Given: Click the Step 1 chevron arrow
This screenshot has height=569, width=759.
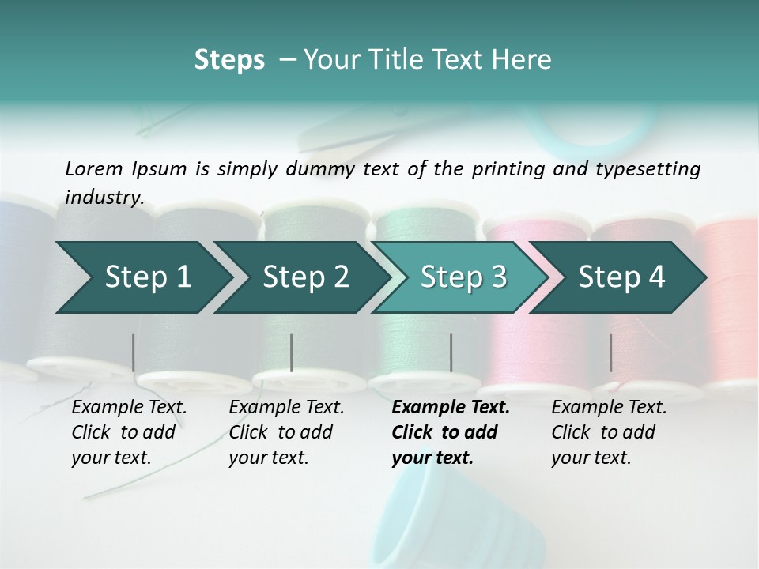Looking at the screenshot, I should (142, 277).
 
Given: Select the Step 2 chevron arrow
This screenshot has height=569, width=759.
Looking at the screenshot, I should (300, 277).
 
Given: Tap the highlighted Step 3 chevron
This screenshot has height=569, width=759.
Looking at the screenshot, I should (459, 277).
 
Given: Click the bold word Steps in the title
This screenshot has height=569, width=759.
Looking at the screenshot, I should (229, 60).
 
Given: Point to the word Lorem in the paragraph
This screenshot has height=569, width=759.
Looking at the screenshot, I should (94, 168).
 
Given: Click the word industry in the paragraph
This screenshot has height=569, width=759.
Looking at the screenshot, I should (104, 198).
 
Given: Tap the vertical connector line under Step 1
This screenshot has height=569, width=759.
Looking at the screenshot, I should (133, 352).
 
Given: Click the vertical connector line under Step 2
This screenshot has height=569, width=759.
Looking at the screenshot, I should (292, 352).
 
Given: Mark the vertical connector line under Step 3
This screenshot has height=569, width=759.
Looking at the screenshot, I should (451, 352).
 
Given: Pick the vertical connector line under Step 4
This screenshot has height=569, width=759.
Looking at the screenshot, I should (611, 352).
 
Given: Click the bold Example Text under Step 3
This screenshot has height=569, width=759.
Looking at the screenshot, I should (451, 408).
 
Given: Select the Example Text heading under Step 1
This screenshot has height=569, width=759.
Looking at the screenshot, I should (129, 408).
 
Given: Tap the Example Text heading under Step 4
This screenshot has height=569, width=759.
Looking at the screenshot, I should (609, 408).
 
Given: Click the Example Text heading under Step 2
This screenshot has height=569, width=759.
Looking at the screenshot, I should (286, 408).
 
